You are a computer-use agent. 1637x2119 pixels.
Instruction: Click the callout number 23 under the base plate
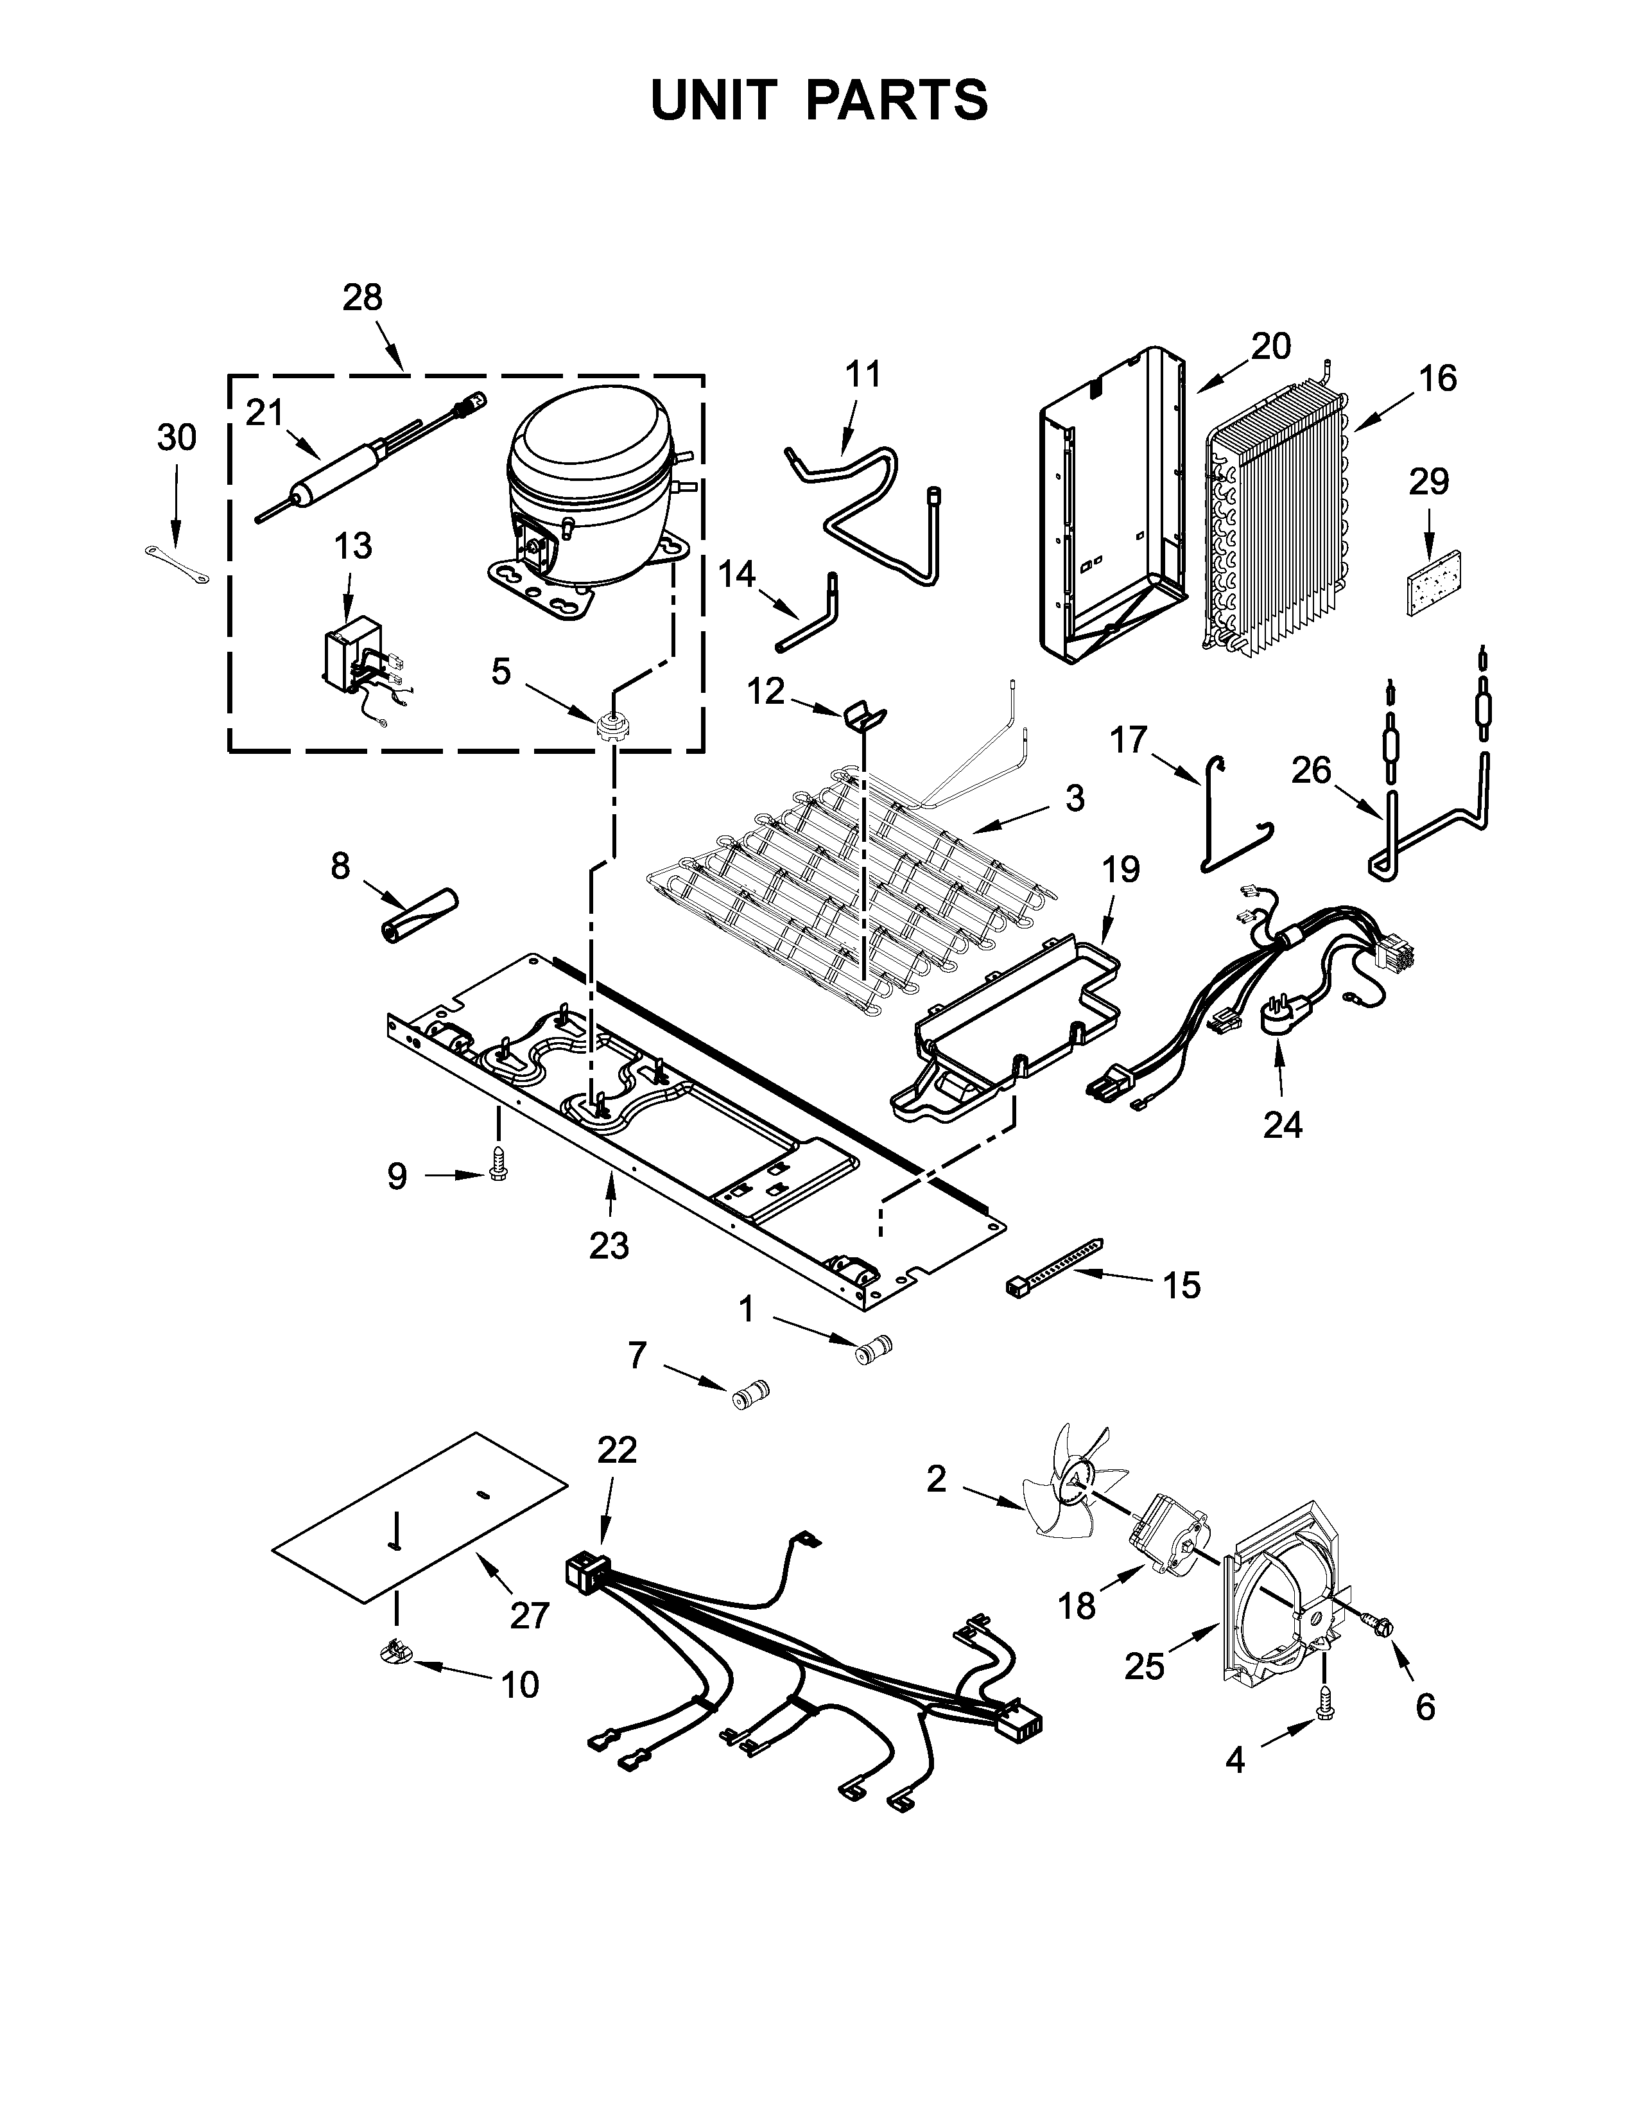tap(609, 1245)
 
